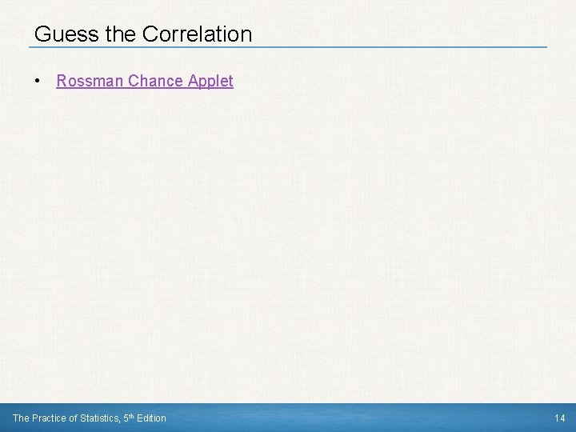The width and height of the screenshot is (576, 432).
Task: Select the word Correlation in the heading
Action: (197, 34)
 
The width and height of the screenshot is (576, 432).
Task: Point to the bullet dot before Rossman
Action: (38, 81)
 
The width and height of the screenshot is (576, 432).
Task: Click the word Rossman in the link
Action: (86, 81)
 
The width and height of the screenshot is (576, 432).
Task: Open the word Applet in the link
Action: (210, 81)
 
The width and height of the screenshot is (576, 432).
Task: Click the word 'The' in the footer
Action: (21, 418)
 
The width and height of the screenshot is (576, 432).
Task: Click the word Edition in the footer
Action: (152, 418)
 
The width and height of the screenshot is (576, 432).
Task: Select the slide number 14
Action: (560, 418)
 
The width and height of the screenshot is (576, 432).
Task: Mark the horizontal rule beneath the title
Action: (288, 46)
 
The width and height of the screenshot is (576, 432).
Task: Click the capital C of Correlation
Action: (150, 34)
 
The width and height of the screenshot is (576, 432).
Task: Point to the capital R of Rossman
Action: (62, 81)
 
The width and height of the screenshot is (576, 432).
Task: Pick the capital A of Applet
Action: (193, 81)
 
